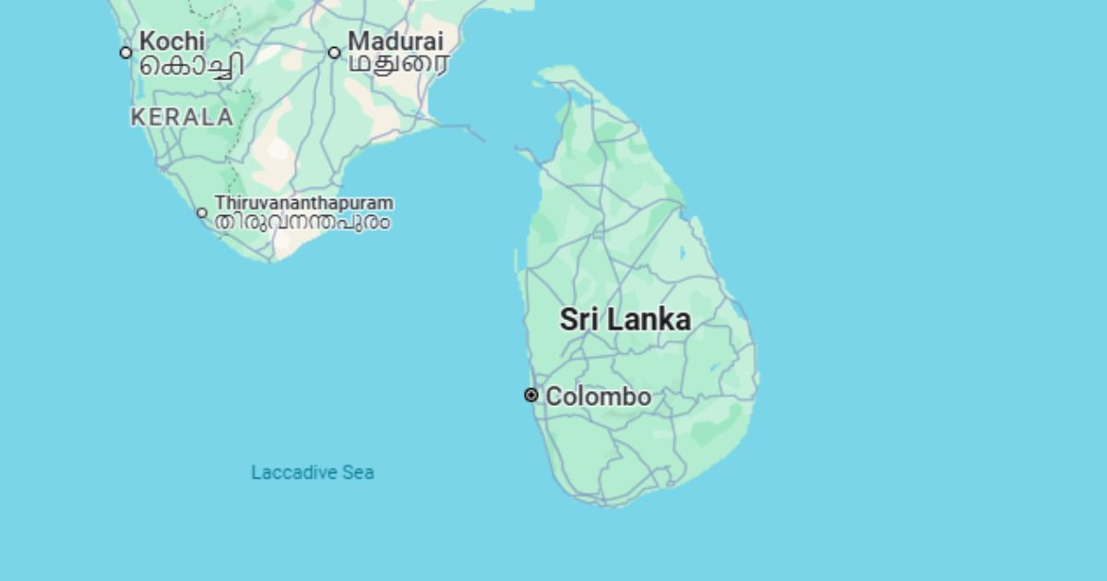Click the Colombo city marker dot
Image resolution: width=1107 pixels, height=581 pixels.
(x=531, y=395)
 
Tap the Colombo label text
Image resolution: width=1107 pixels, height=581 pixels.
(x=599, y=397)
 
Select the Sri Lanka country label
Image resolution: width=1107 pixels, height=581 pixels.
(x=625, y=320)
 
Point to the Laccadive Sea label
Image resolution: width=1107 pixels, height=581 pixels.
(x=313, y=472)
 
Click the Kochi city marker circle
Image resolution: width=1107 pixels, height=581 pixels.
(x=126, y=53)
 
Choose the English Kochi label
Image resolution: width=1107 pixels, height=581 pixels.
(x=172, y=41)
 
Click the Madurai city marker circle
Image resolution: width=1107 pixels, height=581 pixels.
(x=335, y=53)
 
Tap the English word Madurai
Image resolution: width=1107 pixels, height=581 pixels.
(x=395, y=41)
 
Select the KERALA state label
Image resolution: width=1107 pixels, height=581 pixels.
(x=182, y=117)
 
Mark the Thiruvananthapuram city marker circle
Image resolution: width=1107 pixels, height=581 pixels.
(x=202, y=213)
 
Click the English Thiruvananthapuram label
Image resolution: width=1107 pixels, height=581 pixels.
(x=304, y=202)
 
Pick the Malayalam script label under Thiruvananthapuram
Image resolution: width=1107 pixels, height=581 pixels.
(x=303, y=222)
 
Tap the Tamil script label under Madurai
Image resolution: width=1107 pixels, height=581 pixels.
(x=399, y=64)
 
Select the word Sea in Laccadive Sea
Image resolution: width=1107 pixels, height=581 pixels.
(x=358, y=472)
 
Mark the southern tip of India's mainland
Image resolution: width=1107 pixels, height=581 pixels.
(x=271, y=260)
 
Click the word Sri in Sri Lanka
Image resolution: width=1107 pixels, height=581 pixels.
(x=579, y=320)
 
